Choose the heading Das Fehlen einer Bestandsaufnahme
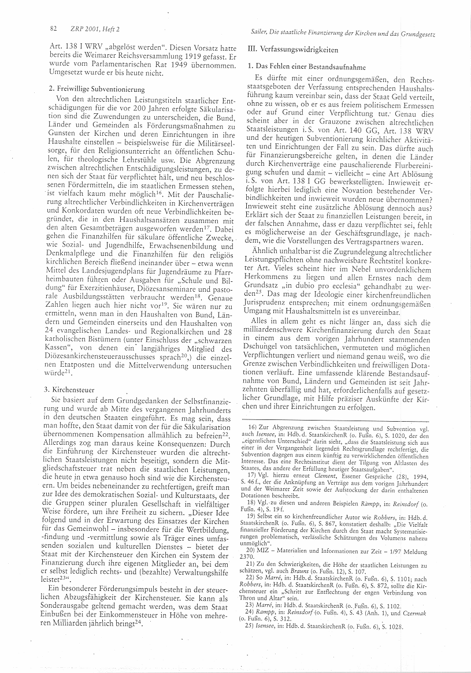point(311,68)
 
